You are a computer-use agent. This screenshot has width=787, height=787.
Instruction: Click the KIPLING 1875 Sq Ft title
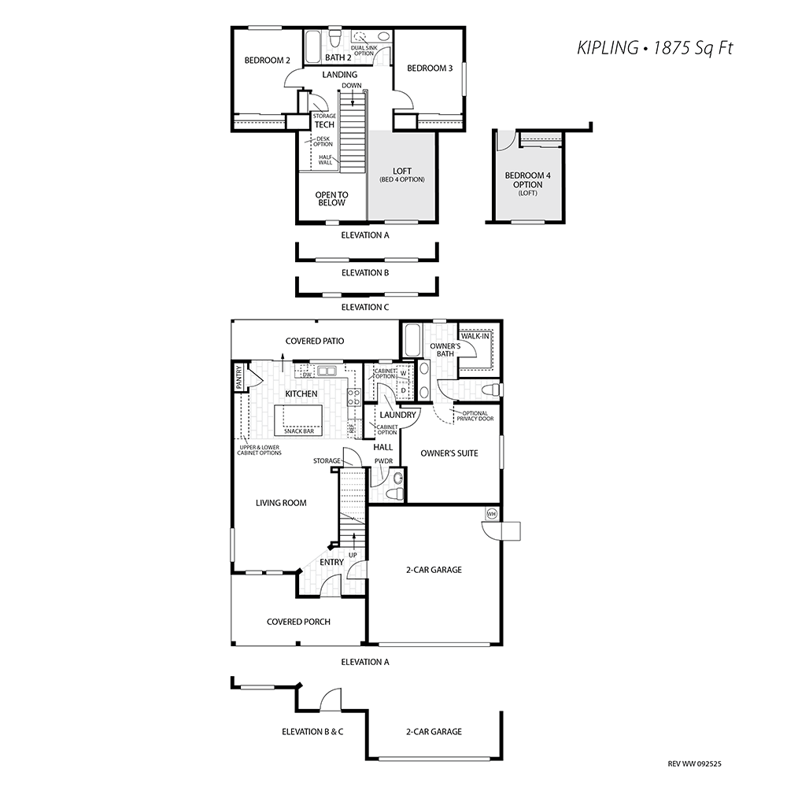coord(655,48)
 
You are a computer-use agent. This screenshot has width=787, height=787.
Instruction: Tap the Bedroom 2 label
coord(267,61)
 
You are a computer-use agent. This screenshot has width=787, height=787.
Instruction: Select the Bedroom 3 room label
coord(430,68)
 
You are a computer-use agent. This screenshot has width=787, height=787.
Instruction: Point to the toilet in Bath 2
coord(334,38)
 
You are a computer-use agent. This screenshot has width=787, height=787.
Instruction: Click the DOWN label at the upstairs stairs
coord(352,85)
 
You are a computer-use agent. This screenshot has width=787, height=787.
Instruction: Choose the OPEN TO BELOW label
coord(332,199)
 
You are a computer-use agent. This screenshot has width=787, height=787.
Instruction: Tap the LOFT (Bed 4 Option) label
coord(402,176)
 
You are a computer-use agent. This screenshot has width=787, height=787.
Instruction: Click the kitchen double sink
coord(327,371)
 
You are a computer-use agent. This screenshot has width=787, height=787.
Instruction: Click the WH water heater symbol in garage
coord(491,514)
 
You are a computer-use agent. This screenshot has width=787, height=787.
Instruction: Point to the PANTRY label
coord(239,377)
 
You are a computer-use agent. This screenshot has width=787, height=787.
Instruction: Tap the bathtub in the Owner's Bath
coord(412,340)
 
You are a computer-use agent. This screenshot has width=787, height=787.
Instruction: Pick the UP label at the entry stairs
coord(353,556)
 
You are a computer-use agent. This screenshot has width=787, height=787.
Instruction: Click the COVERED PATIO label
coord(315,342)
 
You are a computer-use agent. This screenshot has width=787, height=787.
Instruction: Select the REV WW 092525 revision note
coord(695,764)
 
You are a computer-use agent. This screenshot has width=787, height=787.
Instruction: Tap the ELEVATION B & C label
coord(312,732)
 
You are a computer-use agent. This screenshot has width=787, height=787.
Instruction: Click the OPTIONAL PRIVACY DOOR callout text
coord(475,416)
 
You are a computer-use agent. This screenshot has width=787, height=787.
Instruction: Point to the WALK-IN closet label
coord(475,336)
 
